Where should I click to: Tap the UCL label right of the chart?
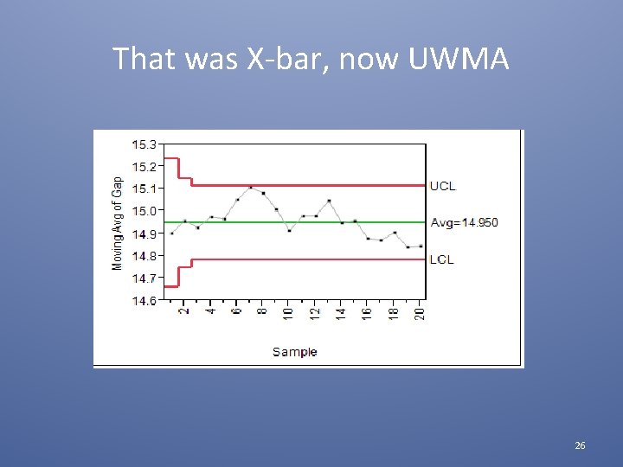click(442, 186)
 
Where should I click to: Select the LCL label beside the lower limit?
click(441, 259)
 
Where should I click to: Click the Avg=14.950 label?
click(465, 223)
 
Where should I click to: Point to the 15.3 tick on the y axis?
click(145, 144)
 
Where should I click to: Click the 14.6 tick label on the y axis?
click(145, 301)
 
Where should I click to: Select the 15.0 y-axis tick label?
click(145, 211)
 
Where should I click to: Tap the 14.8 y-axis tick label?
click(145, 256)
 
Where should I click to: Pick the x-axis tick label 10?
click(289, 313)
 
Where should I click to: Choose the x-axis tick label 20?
click(421, 313)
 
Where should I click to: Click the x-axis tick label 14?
click(342, 313)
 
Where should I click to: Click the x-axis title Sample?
click(295, 352)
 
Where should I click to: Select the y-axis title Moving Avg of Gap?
click(118, 222)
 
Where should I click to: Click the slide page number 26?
click(580, 445)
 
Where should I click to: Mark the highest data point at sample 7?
click(251, 187)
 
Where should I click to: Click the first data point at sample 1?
click(172, 233)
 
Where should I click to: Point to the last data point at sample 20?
click(421, 246)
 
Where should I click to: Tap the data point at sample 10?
click(290, 230)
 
